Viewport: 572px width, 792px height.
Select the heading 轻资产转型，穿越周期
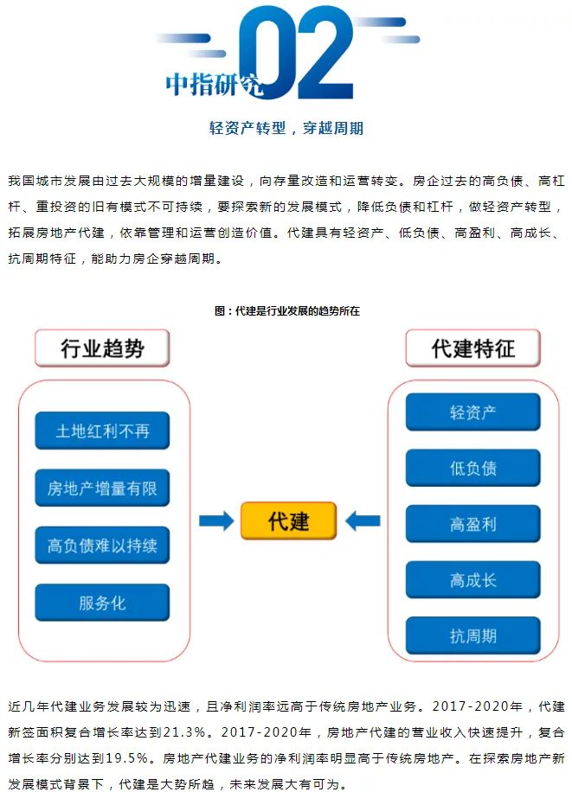pos(286,129)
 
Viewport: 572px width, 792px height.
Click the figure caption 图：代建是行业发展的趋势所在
pos(286,311)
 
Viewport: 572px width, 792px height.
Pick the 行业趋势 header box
pos(102,348)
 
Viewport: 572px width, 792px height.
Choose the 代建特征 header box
pos(472,348)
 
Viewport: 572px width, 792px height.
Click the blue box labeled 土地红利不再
pos(102,430)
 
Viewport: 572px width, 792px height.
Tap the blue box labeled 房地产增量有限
pos(102,489)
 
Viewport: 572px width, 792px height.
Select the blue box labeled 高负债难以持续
pos(102,546)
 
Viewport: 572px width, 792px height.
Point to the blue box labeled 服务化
pos(102,603)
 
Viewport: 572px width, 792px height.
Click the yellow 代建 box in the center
pos(287,521)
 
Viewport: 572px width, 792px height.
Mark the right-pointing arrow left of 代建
pos(216,521)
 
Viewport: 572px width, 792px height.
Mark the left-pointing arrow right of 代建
pos(363,521)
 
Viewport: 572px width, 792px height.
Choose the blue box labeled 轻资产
pos(472,412)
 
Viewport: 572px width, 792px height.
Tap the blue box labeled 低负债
pos(472,469)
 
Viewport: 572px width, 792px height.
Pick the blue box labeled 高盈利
pos(472,525)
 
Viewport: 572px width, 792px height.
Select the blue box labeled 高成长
pos(472,580)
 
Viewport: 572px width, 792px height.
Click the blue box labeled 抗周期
pos(472,636)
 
